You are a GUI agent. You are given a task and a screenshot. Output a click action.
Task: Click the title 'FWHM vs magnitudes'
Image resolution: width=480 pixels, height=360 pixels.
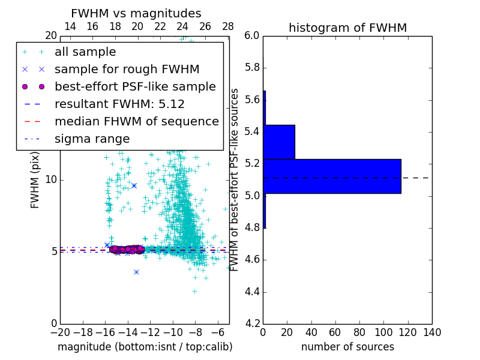[136, 14]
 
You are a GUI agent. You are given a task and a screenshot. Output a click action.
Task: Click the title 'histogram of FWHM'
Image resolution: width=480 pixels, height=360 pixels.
[347, 28]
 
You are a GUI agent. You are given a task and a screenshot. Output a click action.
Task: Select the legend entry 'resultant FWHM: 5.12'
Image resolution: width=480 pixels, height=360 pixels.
[119, 104]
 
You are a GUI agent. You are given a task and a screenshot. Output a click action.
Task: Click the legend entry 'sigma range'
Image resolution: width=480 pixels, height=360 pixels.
[92, 139]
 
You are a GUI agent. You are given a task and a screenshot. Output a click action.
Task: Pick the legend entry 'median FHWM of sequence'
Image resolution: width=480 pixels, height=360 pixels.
[136, 121]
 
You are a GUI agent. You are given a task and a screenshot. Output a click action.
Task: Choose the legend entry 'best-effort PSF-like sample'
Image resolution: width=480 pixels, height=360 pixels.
[135, 86]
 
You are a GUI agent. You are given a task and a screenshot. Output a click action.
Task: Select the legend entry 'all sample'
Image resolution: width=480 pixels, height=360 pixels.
[85, 52]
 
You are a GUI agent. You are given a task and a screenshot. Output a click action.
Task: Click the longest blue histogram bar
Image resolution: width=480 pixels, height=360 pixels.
[332, 176]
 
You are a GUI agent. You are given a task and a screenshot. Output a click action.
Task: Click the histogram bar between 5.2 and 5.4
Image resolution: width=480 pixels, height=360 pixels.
[279, 142]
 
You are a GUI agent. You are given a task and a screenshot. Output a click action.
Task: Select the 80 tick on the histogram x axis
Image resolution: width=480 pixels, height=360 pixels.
[359, 332]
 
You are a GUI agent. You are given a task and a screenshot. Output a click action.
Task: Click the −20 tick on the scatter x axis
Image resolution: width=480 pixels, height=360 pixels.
[60, 332]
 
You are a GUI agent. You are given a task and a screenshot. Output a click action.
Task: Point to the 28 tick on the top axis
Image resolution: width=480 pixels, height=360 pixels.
[228, 26]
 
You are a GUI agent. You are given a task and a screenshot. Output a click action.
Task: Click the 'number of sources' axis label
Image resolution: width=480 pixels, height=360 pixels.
[347, 347]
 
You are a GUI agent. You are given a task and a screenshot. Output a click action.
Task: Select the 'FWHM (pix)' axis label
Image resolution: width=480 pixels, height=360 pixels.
[35, 179]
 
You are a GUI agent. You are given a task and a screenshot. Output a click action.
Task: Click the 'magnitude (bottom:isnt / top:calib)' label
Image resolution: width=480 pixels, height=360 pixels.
[145, 347]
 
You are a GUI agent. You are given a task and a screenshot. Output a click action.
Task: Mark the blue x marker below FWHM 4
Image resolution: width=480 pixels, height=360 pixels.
[136, 272]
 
